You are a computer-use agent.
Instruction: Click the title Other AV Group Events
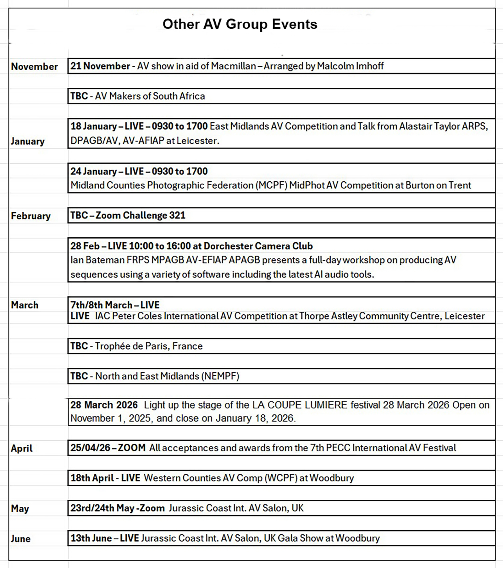(240, 24)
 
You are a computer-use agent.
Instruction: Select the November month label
(34, 67)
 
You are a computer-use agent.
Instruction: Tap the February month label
(30, 216)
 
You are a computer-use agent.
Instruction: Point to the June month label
(20, 538)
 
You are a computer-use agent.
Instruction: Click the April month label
(21, 448)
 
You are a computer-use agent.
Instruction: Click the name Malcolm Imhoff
(350, 66)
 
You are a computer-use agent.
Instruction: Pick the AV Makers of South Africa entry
(150, 96)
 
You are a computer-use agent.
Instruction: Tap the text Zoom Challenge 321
(140, 215)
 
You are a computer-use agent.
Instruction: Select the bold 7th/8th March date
(101, 305)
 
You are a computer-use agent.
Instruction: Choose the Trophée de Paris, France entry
(149, 346)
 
